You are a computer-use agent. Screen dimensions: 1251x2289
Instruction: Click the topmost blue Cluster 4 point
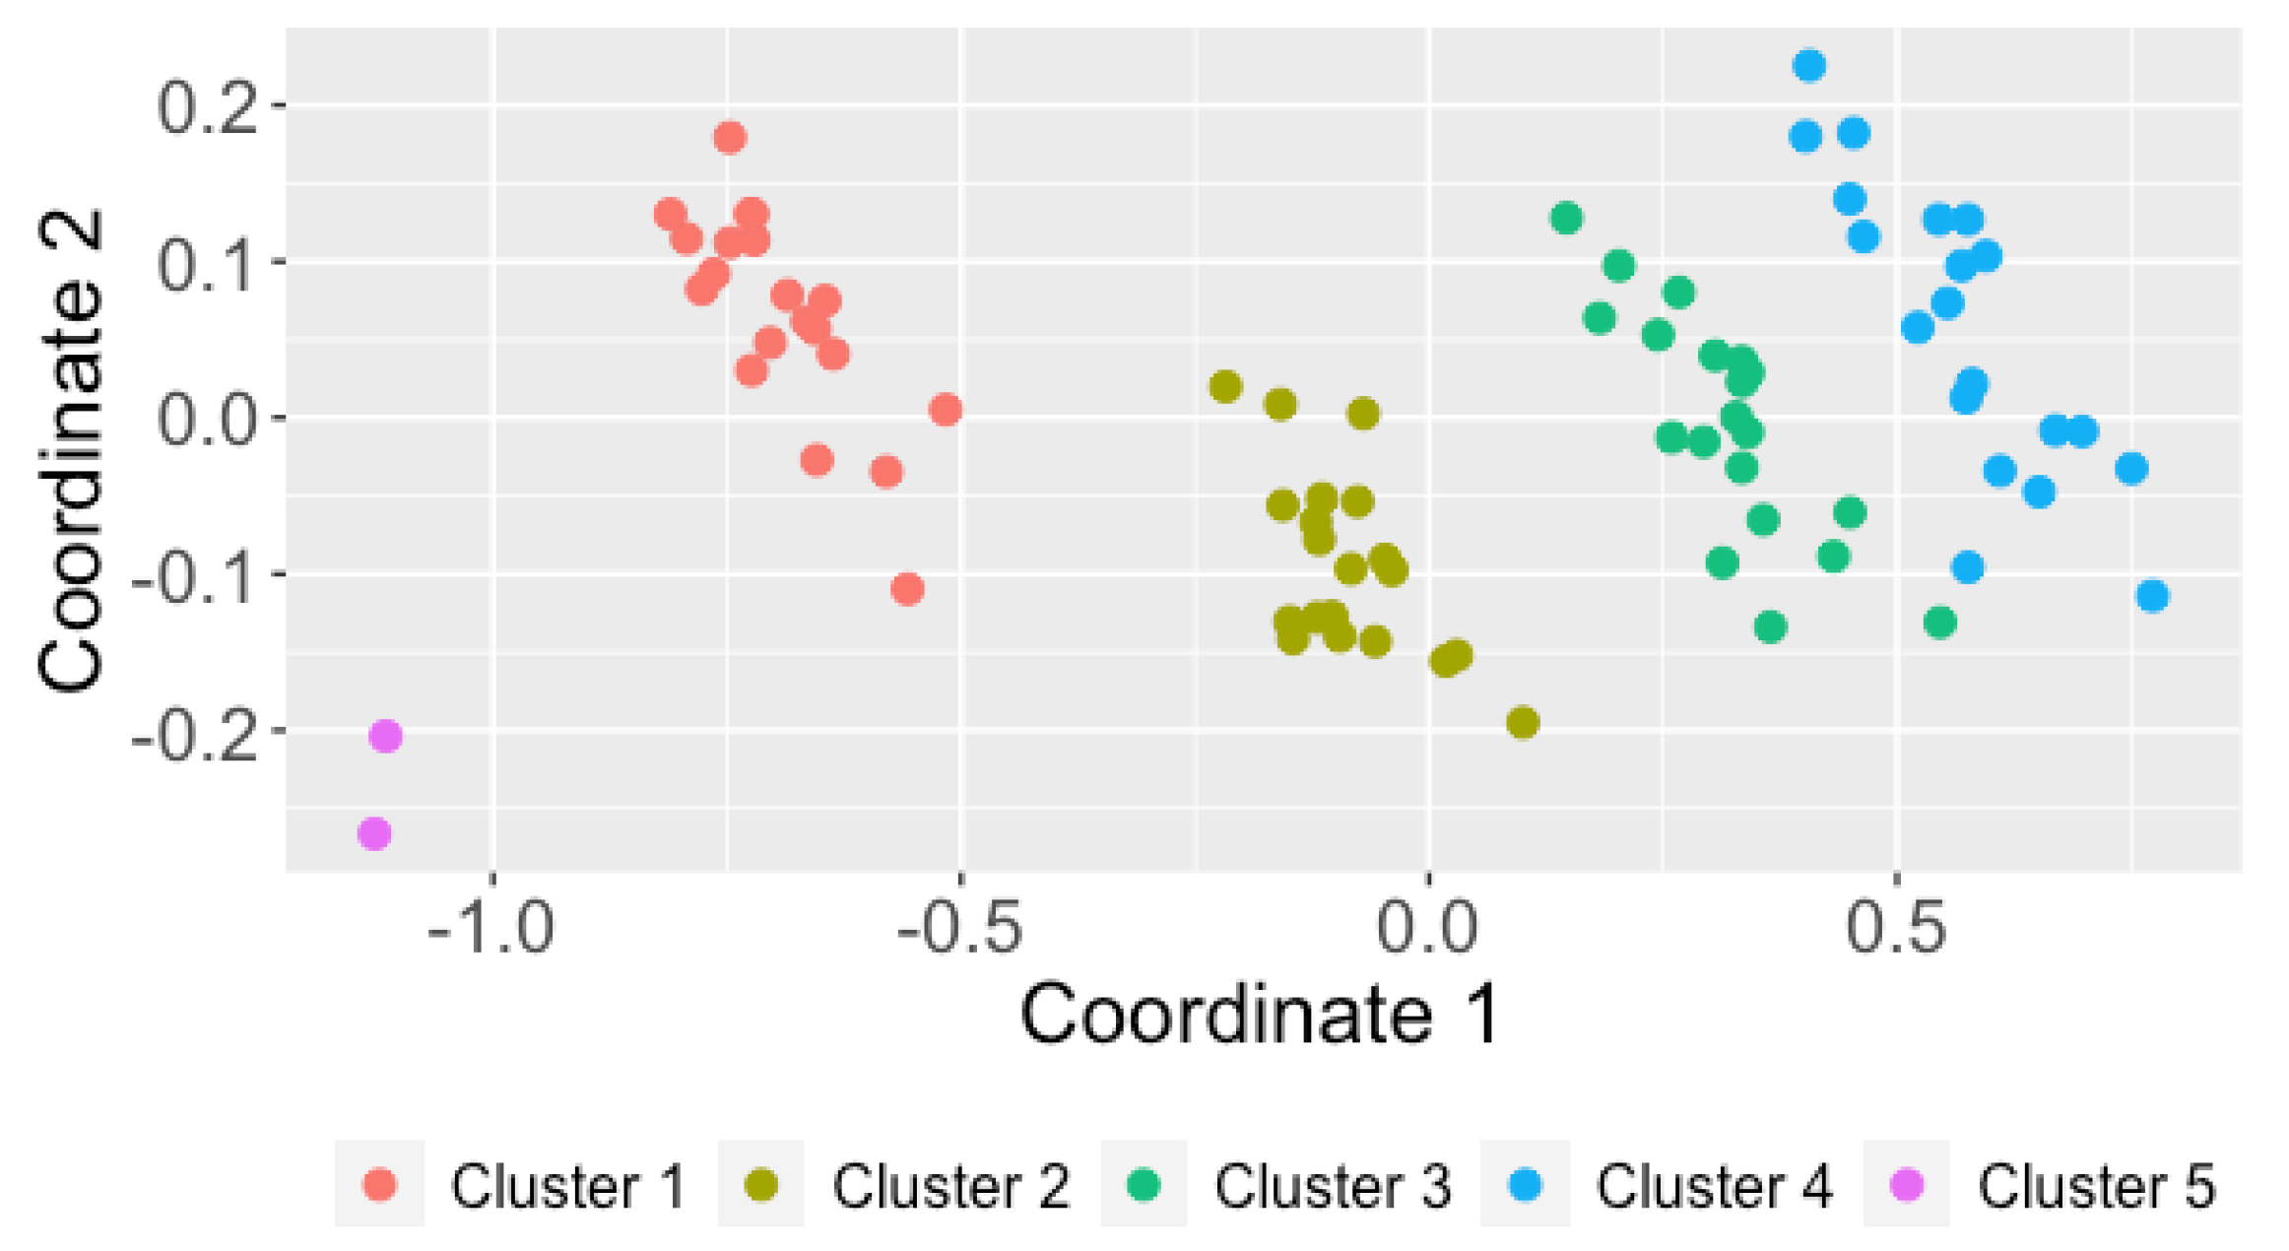(1809, 66)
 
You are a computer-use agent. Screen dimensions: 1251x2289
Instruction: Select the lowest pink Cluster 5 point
(374, 834)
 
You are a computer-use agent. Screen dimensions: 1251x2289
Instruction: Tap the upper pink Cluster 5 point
(385, 736)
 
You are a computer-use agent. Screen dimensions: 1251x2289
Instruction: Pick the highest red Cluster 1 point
(730, 137)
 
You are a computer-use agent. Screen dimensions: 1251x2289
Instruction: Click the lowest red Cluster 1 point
(907, 590)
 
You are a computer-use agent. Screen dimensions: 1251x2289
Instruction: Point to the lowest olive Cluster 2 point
(1523, 723)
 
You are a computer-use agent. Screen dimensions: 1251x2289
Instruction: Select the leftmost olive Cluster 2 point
(1225, 387)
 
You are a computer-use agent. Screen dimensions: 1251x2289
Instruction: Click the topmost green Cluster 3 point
(1567, 218)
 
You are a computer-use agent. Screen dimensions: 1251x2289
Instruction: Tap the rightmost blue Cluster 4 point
(2153, 596)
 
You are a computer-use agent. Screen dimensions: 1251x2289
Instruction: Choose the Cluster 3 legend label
(1333, 1186)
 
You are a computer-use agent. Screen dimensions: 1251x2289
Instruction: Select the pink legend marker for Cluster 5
(1908, 1185)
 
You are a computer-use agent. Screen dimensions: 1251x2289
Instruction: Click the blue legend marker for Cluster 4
(1525, 1185)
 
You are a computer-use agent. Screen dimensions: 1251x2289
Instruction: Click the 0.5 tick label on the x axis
(1896, 927)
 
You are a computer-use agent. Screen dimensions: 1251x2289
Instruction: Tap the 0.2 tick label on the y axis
(207, 106)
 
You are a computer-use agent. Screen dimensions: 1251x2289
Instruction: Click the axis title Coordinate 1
(1260, 1016)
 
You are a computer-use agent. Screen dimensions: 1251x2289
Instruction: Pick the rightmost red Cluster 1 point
(946, 410)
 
